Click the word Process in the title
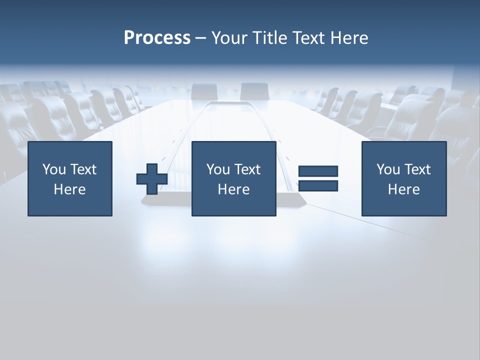(x=157, y=38)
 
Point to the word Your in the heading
(x=230, y=38)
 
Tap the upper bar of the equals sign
(x=318, y=171)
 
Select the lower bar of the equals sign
(x=318, y=185)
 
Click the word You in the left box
(x=54, y=169)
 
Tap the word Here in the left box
(x=69, y=189)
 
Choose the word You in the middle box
(x=218, y=169)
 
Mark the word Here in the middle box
(x=233, y=189)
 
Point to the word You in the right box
(x=388, y=169)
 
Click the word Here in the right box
(x=403, y=189)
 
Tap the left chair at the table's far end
(x=204, y=91)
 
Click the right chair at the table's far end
(x=254, y=91)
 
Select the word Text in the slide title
(x=308, y=38)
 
